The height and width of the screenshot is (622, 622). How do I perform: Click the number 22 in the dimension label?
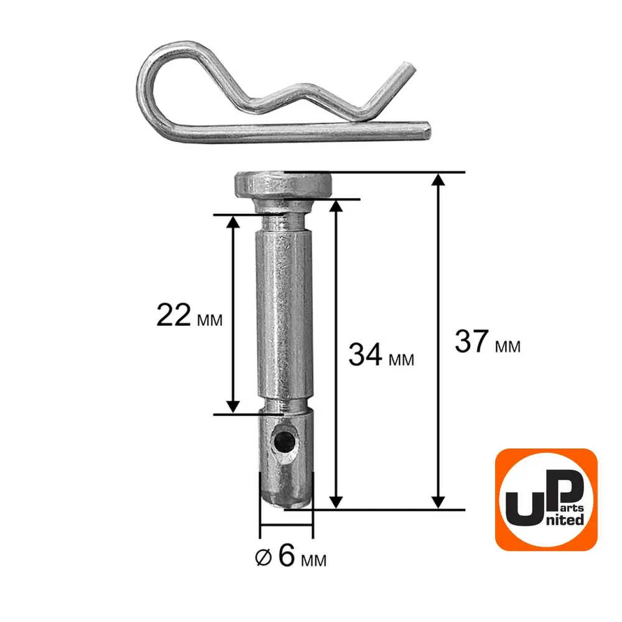[x=174, y=315]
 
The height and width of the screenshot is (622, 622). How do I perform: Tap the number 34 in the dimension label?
[x=365, y=355]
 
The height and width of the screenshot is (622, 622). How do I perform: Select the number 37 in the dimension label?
[x=471, y=341]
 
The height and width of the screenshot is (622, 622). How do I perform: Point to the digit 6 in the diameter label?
[x=286, y=555]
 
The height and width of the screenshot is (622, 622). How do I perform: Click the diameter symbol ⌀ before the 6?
[x=263, y=558]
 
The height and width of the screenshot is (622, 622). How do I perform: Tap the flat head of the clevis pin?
[x=284, y=185]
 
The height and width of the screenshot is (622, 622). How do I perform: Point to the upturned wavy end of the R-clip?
[x=405, y=73]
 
